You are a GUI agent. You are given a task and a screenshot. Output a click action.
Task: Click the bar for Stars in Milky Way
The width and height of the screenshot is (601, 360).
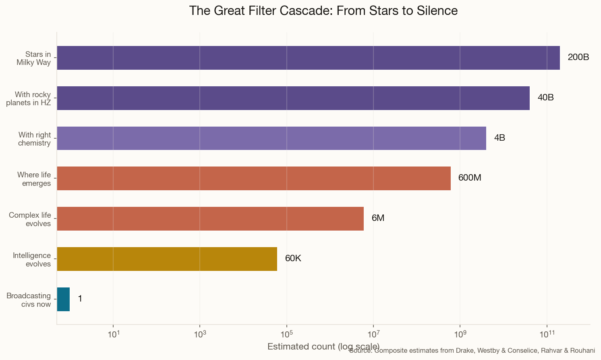(308, 58)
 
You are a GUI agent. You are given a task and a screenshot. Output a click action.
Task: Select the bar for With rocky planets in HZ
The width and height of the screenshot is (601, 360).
(293, 98)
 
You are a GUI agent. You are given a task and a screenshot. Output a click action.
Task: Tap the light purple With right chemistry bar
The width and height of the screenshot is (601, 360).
(271, 138)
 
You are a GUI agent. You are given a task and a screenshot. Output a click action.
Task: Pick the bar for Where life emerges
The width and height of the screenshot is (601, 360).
(254, 178)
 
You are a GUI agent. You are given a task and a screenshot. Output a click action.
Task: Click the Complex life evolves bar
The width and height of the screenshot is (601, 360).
(210, 218)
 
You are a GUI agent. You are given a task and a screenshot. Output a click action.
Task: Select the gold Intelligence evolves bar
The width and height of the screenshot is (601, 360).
(167, 259)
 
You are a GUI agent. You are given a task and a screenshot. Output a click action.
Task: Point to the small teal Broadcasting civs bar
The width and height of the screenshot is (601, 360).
(63, 299)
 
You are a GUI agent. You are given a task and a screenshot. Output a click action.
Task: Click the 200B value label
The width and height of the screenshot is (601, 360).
(578, 57)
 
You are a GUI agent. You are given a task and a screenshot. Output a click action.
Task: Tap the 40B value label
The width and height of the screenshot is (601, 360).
(545, 98)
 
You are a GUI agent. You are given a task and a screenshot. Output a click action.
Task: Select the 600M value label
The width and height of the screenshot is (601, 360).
(470, 178)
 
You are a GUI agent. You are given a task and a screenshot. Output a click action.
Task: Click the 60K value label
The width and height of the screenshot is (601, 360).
(293, 258)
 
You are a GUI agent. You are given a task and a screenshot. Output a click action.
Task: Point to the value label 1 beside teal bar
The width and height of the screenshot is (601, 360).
(80, 299)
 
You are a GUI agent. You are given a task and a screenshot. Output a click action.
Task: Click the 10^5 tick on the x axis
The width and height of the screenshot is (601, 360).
(286, 334)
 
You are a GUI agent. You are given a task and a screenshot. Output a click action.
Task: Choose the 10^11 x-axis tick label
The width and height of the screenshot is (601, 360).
(547, 334)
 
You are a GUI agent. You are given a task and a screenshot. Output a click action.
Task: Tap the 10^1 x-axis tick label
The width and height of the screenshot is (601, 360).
(113, 334)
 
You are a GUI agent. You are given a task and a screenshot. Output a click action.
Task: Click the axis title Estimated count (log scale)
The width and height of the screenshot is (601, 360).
(323, 346)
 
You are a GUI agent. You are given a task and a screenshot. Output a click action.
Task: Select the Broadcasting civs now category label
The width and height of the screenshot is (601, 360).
(29, 300)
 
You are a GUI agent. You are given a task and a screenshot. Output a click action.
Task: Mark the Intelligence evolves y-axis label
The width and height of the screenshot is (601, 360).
(32, 260)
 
